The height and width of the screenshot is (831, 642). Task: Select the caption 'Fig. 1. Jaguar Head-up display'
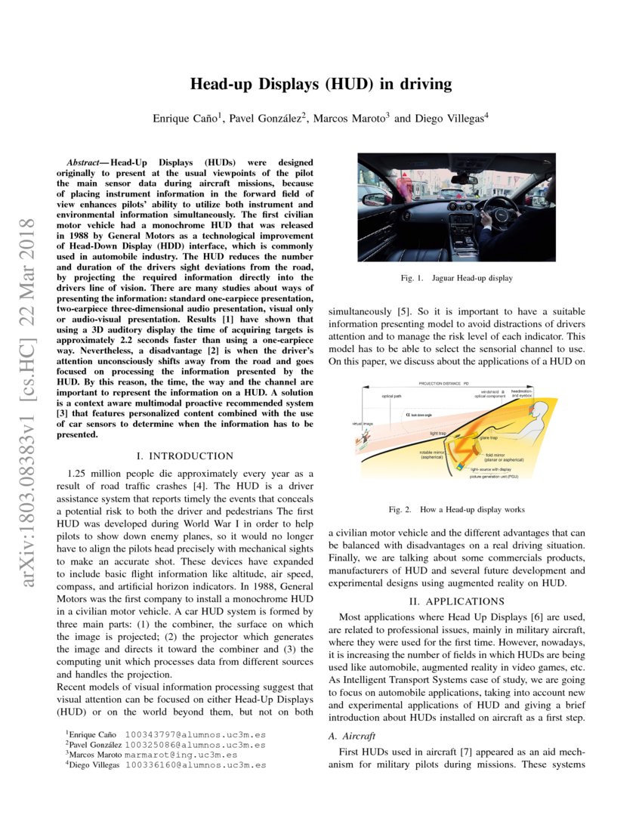pos(456,278)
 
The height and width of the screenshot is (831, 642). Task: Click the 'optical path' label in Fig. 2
pos(391,396)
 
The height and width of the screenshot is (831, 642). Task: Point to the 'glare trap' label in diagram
pos(488,437)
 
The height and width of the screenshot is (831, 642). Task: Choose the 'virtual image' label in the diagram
pos(363,424)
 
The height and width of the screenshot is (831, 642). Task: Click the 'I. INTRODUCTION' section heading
pos(185,456)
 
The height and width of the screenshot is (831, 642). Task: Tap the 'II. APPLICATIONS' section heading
pos(456,601)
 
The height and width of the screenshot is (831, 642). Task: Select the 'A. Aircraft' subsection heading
pos(354,735)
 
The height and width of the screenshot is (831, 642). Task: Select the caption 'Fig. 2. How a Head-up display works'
pos(456,510)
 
